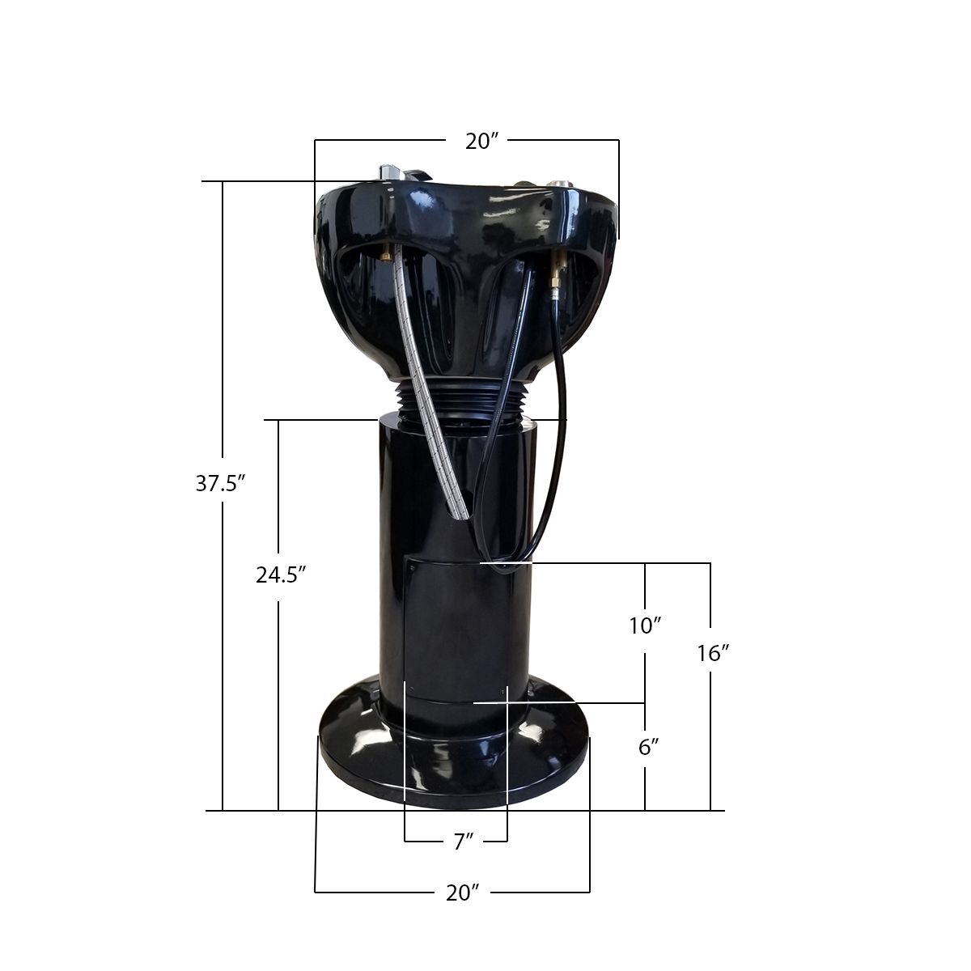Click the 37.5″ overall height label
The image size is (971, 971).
(219, 484)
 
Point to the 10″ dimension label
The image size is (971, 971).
(646, 625)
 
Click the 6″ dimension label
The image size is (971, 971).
(646, 748)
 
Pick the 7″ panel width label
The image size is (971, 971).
(463, 842)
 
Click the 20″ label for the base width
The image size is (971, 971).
(463, 893)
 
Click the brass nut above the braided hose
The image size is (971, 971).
(388, 256)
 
